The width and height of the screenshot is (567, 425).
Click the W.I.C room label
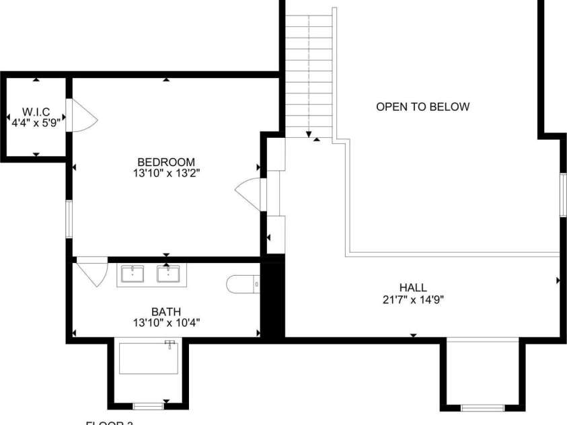(36, 111)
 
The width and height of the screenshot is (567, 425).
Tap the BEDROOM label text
(166, 162)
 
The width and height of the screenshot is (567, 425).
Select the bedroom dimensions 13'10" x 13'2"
(166, 173)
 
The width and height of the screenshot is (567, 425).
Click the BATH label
(165, 311)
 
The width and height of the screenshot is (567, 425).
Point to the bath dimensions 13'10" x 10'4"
(166, 323)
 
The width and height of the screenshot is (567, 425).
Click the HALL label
(413, 287)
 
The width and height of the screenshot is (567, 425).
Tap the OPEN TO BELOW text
(422, 106)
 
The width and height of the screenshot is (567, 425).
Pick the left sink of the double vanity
(133, 274)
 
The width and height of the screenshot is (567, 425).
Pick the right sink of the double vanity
(168, 274)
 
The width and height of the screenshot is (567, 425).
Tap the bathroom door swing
(91, 270)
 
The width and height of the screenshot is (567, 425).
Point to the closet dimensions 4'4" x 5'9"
(36, 123)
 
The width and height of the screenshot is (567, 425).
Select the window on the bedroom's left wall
(69, 219)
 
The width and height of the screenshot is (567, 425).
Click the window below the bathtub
(147, 405)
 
